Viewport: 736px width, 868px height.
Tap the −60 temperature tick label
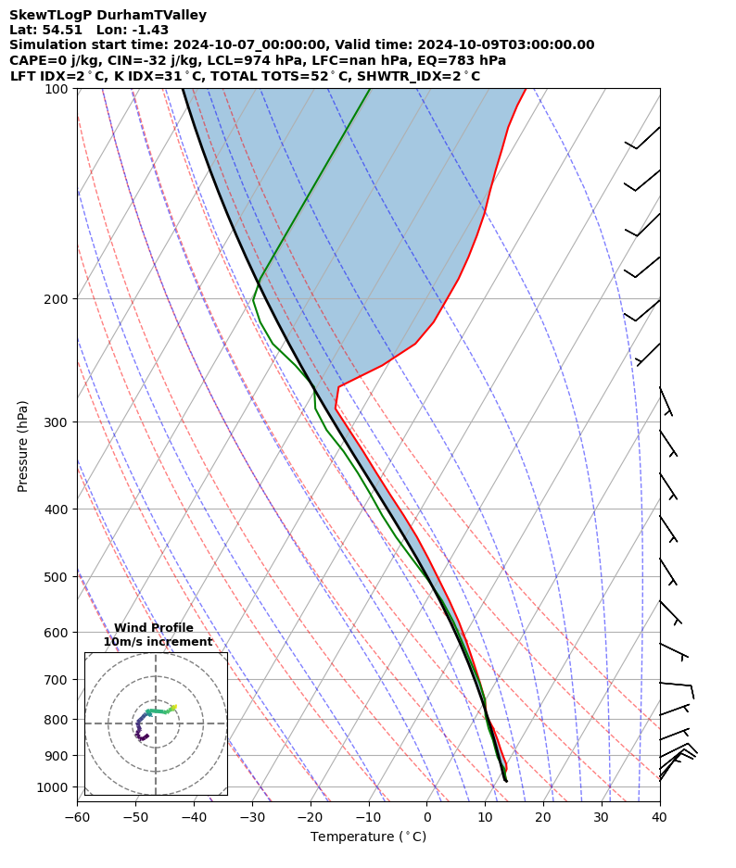coord(77,817)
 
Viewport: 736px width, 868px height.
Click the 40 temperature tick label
coord(659,817)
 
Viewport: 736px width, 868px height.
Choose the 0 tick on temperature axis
coord(426,817)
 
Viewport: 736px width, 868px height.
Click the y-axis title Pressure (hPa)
coord(23,446)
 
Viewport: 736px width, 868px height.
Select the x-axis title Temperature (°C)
coord(368,837)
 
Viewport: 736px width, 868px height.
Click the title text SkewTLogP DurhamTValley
coord(108,15)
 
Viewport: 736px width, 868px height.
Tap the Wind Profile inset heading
coord(154,628)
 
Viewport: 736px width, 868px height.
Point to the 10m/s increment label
coord(158,642)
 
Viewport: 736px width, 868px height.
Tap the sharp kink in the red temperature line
coord(339,386)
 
